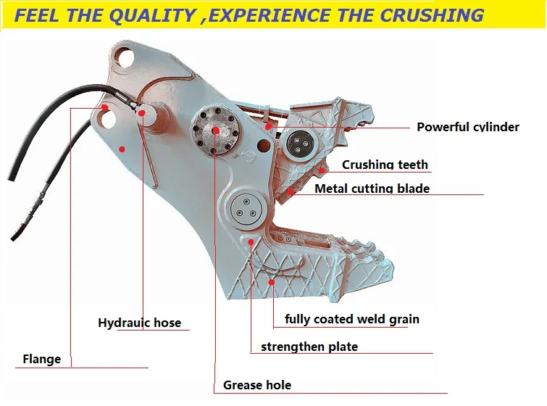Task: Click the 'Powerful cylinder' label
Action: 467,127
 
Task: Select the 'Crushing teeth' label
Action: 385,165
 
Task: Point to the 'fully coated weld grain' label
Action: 351,319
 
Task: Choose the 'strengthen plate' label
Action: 309,347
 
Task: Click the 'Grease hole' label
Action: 257,385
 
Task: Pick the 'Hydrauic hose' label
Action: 139,323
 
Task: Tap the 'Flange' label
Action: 42,359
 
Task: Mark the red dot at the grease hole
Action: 216,130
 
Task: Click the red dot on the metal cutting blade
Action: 291,191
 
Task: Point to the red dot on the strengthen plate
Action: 251,241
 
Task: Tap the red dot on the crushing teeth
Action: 321,170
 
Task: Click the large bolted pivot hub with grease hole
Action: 216,130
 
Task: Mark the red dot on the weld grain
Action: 272,281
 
